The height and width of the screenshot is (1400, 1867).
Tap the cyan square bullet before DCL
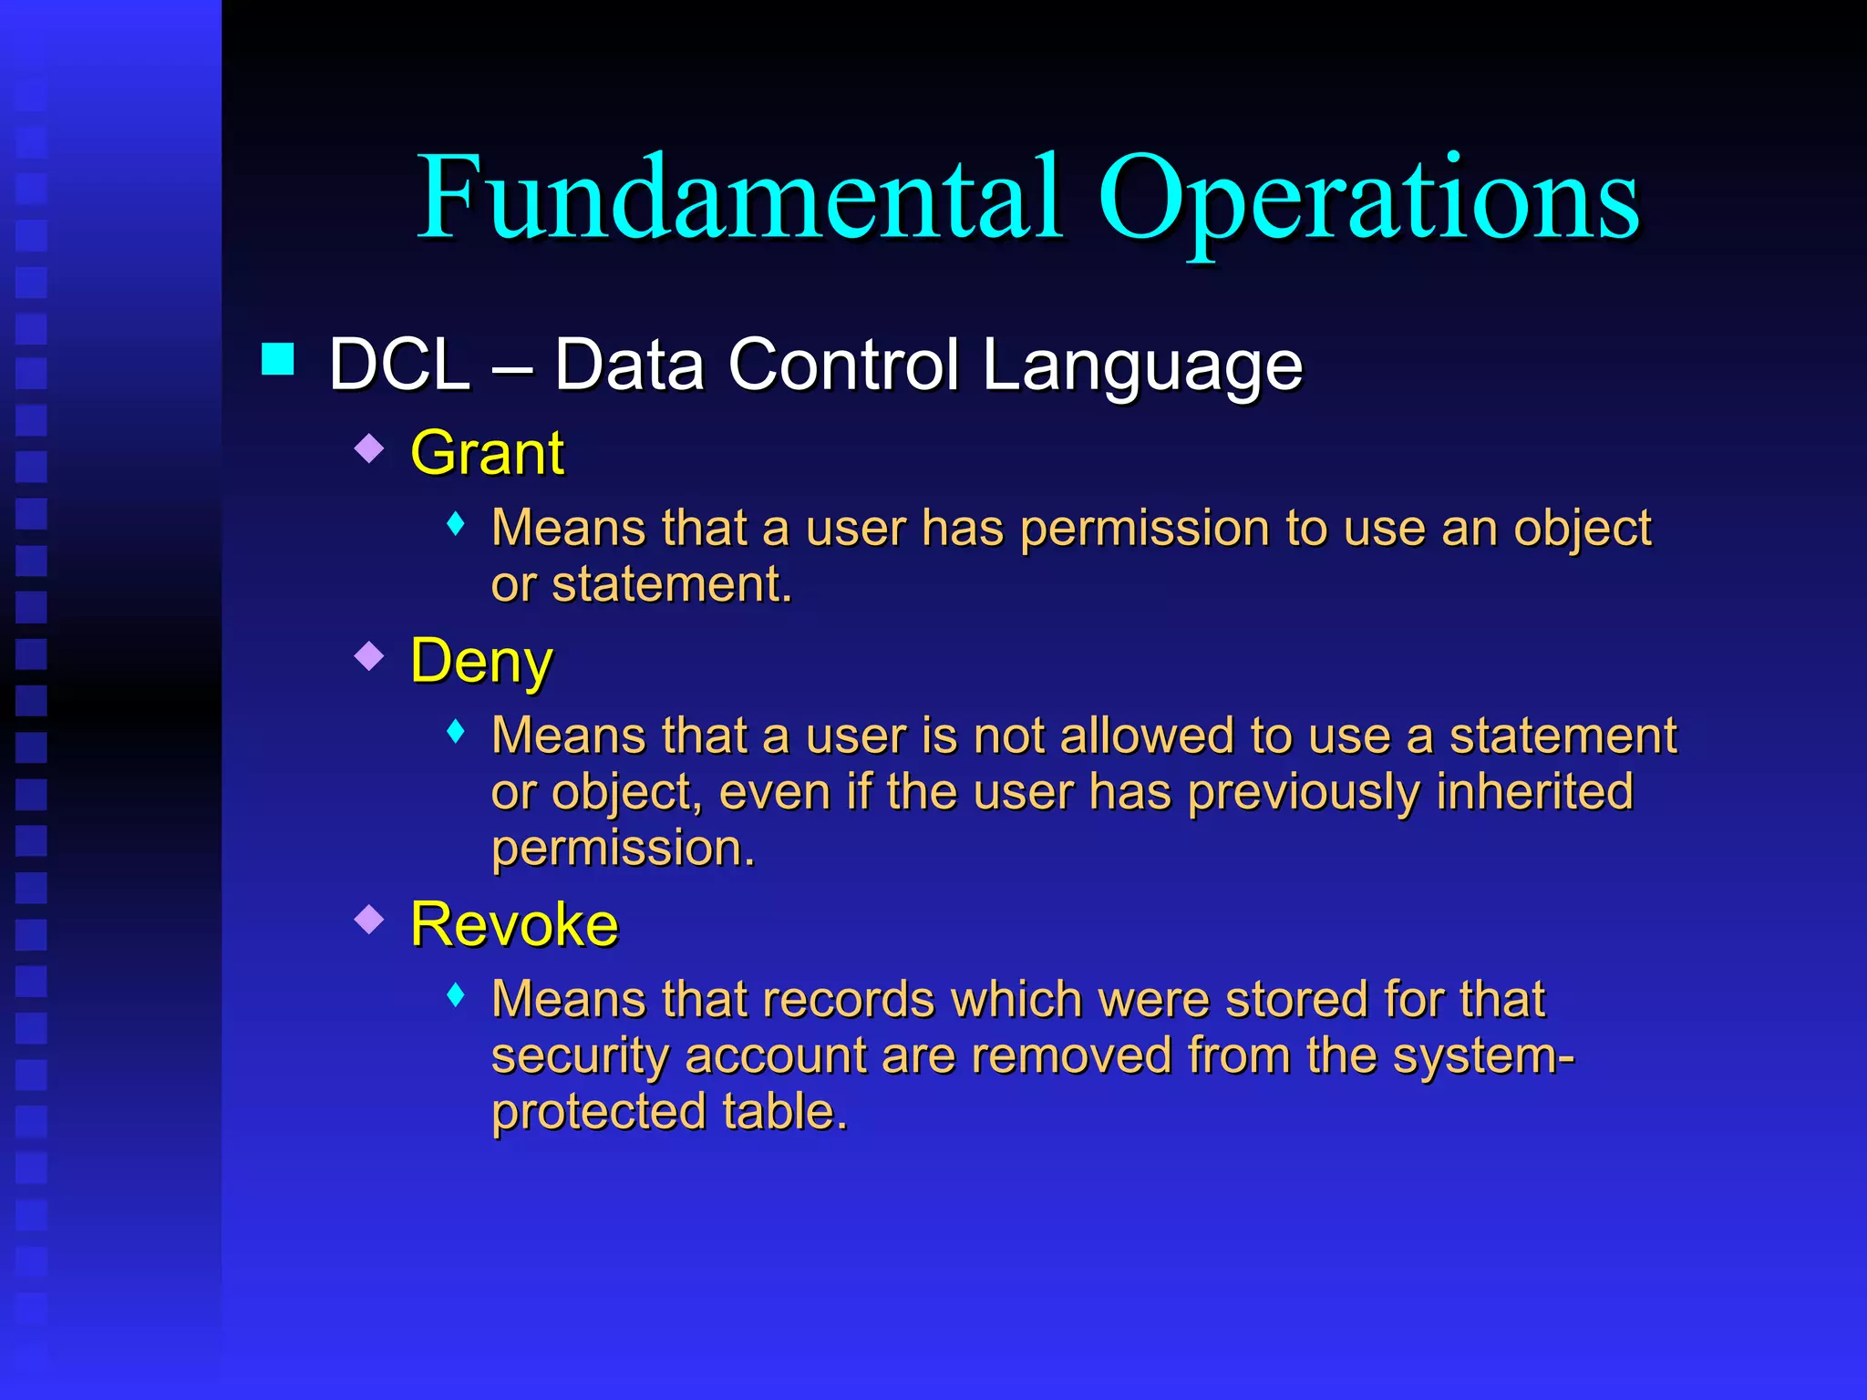277,359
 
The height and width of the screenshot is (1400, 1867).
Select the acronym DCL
399,365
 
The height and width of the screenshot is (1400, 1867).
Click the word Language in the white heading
1142,365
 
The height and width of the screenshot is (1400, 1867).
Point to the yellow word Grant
487,453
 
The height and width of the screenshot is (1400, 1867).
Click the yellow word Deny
481,661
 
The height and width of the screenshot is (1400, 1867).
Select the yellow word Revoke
514,924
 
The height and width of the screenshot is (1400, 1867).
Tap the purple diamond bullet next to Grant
369,448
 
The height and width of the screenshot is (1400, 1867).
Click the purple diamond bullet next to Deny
369,655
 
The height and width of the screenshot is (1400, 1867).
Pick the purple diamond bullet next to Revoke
369,919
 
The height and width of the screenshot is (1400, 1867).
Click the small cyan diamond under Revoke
456,994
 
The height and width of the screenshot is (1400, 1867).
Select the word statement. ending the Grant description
672,584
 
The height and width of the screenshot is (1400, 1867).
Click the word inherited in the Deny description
1534,791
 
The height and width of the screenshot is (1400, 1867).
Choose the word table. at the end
785,1112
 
